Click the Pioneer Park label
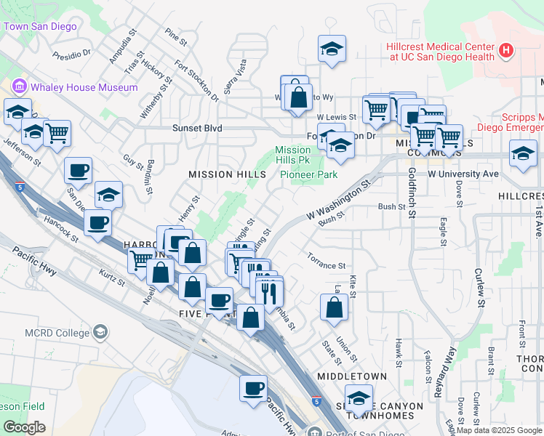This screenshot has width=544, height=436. (x=309, y=175)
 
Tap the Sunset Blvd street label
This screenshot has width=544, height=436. (x=196, y=128)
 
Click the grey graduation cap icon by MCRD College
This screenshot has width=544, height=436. (x=100, y=333)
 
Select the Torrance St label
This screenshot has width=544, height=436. (x=326, y=266)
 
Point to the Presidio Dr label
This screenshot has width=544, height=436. (x=76, y=53)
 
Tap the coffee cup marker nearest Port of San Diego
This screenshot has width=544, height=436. (x=253, y=387)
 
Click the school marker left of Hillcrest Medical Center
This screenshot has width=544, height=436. (x=332, y=49)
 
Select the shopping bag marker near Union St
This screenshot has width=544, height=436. (x=334, y=307)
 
